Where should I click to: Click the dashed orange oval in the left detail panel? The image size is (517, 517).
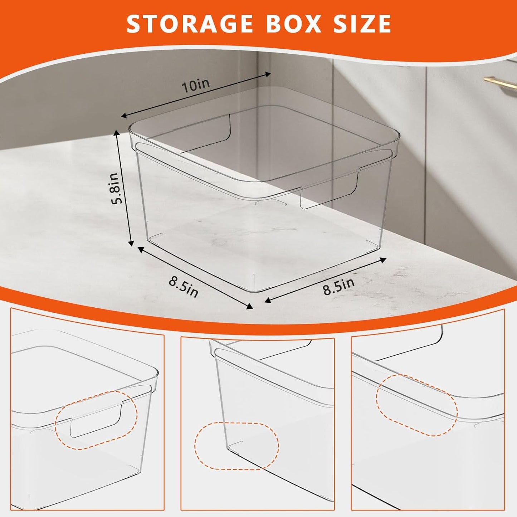click(96, 419)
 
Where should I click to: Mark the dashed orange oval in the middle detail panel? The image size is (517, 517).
click(237, 445)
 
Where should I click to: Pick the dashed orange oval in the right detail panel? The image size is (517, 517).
click(417, 405)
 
